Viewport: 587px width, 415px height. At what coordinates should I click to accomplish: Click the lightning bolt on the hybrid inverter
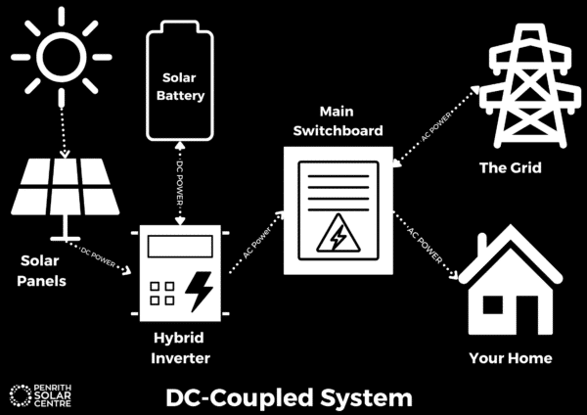pos(201,291)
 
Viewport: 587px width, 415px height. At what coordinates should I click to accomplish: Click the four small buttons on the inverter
pos(163,295)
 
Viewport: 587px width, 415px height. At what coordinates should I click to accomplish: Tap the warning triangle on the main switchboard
pos(337,236)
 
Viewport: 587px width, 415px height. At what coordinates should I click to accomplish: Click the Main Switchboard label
pos(338,122)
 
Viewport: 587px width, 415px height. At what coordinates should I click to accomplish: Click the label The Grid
pos(510,168)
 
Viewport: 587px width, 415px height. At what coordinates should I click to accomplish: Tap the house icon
pos(511,284)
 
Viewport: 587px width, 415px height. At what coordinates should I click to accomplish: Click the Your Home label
pos(511,357)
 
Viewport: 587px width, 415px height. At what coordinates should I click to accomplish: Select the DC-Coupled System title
pos(290,397)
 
